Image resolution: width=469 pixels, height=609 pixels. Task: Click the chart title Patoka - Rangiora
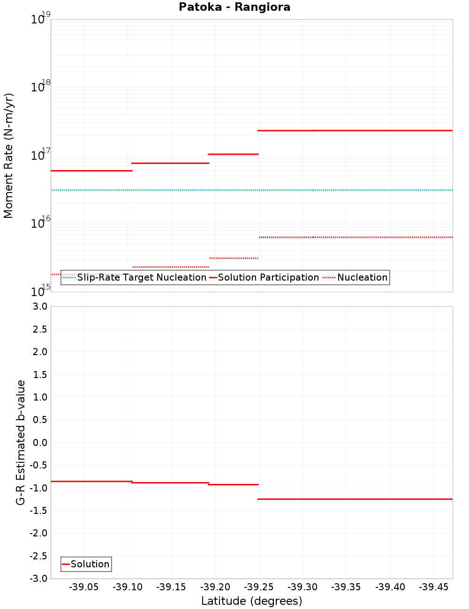(x=234, y=7)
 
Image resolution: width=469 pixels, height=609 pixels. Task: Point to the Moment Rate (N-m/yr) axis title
(x=8, y=156)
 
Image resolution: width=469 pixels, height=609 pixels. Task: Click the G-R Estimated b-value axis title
(x=21, y=443)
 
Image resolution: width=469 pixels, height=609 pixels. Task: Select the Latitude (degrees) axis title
(x=251, y=601)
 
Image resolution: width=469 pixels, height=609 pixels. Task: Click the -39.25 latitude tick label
(x=259, y=587)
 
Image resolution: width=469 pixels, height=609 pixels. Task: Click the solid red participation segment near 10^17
(x=233, y=154)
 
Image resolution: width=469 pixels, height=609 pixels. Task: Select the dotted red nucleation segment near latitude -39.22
(x=233, y=258)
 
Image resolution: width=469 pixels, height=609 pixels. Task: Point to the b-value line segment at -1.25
(x=355, y=499)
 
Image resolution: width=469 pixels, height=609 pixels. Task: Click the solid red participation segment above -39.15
(x=170, y=163)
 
